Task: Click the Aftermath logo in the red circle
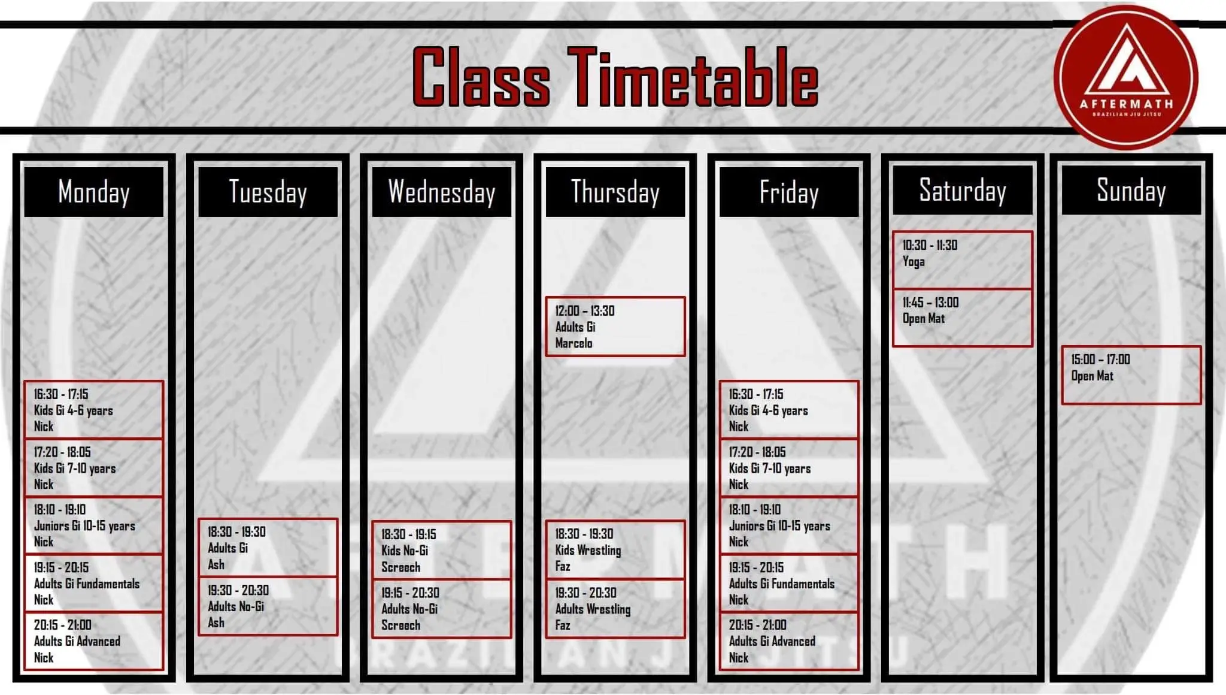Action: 1125,78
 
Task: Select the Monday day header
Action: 94,192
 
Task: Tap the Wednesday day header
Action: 442,192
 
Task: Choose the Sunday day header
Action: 1131,190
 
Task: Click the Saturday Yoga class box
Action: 963,260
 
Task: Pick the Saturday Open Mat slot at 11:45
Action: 963,318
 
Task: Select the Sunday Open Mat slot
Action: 1131,375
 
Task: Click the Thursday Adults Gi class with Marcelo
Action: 615,327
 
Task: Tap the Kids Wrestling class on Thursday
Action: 615,549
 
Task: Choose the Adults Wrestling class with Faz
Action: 615,608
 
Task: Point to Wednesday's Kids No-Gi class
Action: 442,550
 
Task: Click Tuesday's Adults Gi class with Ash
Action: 268,548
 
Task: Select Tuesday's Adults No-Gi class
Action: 268,606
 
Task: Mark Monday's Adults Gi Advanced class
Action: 94,640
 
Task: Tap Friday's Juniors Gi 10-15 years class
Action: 789,525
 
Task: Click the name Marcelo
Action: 573,343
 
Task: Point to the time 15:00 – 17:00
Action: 1100,359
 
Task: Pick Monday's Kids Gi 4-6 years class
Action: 94,410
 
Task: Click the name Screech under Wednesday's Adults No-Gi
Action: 400,625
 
